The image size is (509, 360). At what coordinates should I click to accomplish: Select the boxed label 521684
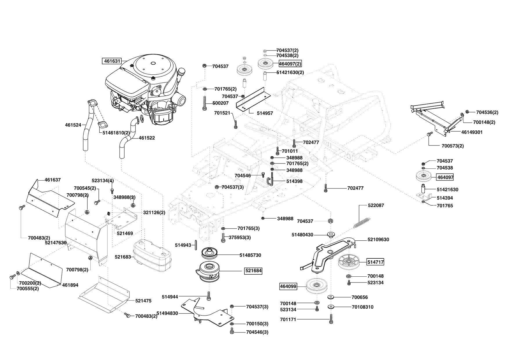point(253,271)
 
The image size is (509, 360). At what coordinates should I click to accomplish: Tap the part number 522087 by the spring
point(376,205)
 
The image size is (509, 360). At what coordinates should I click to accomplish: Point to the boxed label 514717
point(375,262)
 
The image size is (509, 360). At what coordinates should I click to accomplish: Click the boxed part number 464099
point(288,286)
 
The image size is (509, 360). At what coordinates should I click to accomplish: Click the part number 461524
point(73,125)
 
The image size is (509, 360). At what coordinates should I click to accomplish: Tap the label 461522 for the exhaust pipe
point(147,138)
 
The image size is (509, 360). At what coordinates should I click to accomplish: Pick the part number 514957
point(265,113)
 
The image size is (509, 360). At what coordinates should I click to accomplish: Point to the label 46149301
point(472,132)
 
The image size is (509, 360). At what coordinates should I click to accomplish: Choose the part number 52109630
point(378,240)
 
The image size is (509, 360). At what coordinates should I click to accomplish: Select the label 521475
point(143,301)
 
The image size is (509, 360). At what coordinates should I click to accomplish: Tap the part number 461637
point(53,180)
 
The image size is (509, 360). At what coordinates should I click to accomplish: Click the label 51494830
point(167,313)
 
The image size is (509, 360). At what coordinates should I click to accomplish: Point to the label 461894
point(70,285)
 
